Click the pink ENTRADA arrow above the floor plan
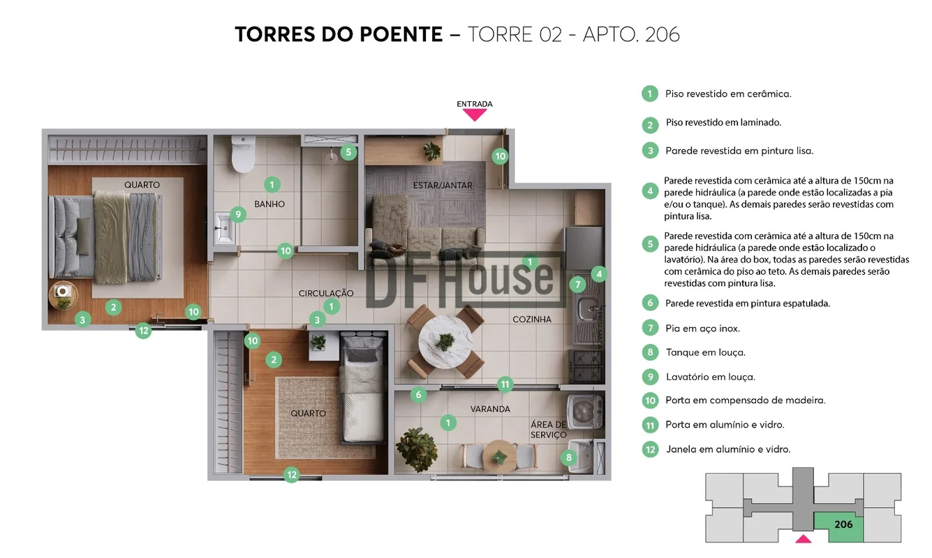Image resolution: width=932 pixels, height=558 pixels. (474, 114)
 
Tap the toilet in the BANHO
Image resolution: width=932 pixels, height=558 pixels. (243, 153)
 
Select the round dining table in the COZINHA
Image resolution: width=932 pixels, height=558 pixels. (445, 342)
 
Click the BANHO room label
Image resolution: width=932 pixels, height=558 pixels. (269, 204)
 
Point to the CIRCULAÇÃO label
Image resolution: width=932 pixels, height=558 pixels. (326, 293)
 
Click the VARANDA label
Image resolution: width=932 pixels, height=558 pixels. (490, 409)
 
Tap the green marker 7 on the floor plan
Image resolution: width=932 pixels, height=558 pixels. (577, 285)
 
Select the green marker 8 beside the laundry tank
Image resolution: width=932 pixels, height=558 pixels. (568, 458)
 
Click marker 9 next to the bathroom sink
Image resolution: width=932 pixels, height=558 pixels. (238, 215)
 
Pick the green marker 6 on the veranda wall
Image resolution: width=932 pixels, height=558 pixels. (419, 395)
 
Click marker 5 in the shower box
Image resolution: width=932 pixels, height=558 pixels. (348, 152)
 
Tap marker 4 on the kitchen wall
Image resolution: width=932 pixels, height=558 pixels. (599, 274)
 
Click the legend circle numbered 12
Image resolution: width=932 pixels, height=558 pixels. (650, 449)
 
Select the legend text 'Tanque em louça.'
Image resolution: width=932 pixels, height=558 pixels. (706, 353)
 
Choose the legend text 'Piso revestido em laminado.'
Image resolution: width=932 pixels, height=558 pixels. (723, 122)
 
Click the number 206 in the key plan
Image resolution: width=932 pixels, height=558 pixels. (843, 525)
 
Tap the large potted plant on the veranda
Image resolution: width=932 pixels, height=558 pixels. (417, 449)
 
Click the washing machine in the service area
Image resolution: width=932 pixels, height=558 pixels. (586, 412)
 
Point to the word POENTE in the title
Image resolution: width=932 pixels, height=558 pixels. (401, 34)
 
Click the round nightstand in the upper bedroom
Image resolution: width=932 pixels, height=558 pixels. (63, 294)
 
